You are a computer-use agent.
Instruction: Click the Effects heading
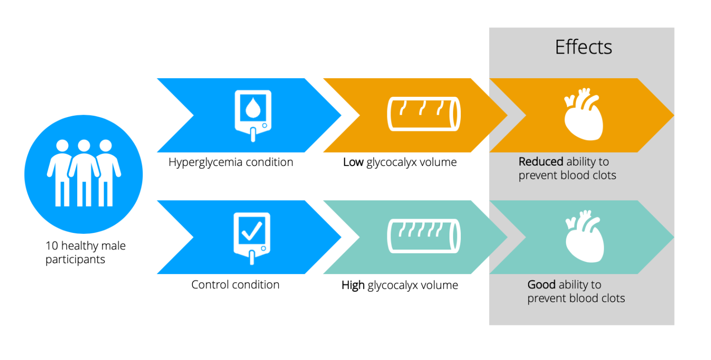coord(583,47)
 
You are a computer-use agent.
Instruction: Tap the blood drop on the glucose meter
coord(253,108)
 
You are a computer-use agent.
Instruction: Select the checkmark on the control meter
coord(252,231)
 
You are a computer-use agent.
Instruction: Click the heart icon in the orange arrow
coord(583,114)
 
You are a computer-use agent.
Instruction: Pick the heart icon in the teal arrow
coord(584,236)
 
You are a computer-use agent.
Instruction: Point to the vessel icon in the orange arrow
coord(424,114)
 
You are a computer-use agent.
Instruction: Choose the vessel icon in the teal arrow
coord(424,236)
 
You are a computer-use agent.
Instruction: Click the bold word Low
coord(353,162)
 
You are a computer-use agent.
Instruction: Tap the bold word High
coord(353,285)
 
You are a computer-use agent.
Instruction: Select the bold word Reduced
coord(541,162)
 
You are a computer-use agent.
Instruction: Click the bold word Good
coord(541,285)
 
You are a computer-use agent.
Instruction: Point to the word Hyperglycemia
coord(206,162)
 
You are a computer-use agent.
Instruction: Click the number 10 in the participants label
coord(52,246)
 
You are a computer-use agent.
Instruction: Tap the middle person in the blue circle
coord(84,173)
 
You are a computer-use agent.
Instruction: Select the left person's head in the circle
coord(62,146)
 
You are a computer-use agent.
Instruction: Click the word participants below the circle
coord(75,260)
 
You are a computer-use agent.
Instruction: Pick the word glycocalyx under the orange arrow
coord(392,162)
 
